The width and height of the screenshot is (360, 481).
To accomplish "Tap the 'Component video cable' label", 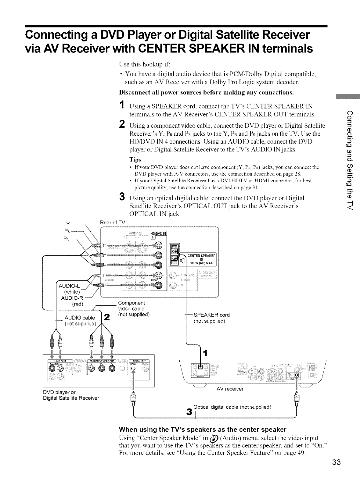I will (131, 306).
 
